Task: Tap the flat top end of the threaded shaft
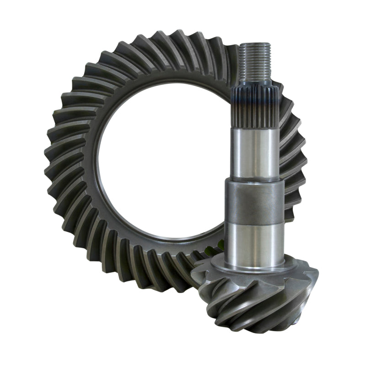pyautogui.click(x=256, y=44)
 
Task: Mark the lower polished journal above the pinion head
pyautogui.click(x=254, y=245)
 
